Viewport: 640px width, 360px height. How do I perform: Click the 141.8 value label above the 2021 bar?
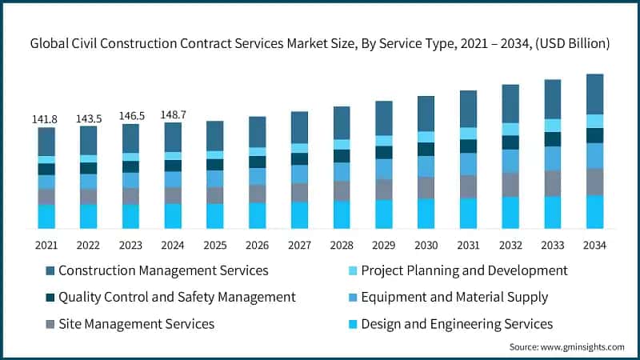tap(46, 119)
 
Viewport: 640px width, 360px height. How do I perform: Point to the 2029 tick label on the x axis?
tap(384, 244)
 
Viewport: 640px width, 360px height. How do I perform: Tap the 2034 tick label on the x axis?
tap(594, 244)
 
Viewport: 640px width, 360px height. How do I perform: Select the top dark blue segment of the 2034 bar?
tap(594, 94)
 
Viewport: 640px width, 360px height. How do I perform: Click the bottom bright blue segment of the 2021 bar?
tap(46, 216)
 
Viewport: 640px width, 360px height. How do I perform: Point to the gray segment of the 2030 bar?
tap(426, 187)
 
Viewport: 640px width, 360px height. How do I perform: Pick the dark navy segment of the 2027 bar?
tap(299, 158)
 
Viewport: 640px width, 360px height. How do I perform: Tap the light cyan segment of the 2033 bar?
tap(552, 125)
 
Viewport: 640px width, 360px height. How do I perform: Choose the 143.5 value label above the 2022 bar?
tap(89, 118)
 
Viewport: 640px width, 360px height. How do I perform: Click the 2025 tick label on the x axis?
tap(215, 244)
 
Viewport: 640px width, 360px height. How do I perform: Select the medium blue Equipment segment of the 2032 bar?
tap(510, 160)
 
